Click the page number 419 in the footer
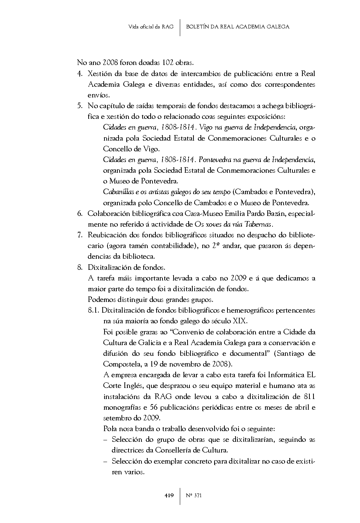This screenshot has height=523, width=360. [x=169, y=495]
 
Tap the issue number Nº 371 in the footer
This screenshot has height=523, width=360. [x=194, y=495]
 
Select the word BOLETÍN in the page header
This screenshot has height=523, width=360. [x=198, y=27]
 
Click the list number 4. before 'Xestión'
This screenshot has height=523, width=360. [x=80, y=73]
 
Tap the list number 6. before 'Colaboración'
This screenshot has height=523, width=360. [x=80, y=213]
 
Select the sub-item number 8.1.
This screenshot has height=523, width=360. [x=94, y=310]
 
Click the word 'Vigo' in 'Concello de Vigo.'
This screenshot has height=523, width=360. [x=152, y=149]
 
